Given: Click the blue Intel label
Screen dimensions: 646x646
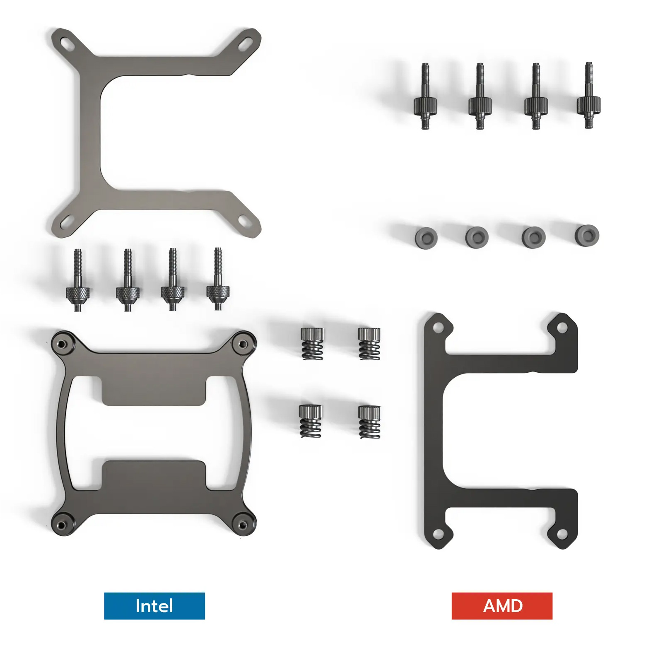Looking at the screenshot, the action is [x=154, y=606].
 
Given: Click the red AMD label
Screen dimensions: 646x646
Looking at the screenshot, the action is [x=502, y=606].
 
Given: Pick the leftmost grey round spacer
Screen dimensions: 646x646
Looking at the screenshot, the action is [x=426, y=238].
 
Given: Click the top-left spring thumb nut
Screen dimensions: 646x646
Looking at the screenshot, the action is [x=312, y=343].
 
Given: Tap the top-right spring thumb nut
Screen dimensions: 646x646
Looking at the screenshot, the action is [x=369, y=344].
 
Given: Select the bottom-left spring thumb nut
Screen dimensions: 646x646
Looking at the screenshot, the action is [x=310, y=421].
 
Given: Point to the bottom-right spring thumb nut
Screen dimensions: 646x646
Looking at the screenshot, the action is [x=369, y=422].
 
